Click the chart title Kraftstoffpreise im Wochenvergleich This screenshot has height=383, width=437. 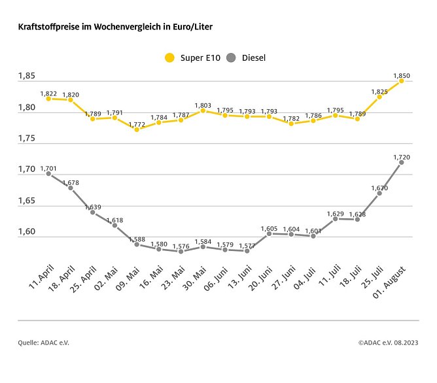[x=114, y=27]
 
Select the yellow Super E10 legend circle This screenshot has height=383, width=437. [x=170, y=58]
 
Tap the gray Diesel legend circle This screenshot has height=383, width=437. [x=230, y=58]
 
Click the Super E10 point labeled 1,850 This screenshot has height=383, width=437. [x=402, y=81]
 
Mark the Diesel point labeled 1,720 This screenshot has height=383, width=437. [x=402, y=162]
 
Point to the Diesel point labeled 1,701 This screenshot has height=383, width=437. [x=48, y=174]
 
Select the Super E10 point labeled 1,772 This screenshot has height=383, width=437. [x=137, y=129]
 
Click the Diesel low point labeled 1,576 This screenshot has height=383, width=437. [x=181, y=251]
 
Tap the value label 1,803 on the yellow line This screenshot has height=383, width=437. [x=203, y=105]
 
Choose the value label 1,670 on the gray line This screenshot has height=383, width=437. [x=379, y=188]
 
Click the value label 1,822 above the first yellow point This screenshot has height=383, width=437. [x=48, y=93]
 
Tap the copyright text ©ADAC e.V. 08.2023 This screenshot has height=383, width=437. [x=388, y=342]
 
